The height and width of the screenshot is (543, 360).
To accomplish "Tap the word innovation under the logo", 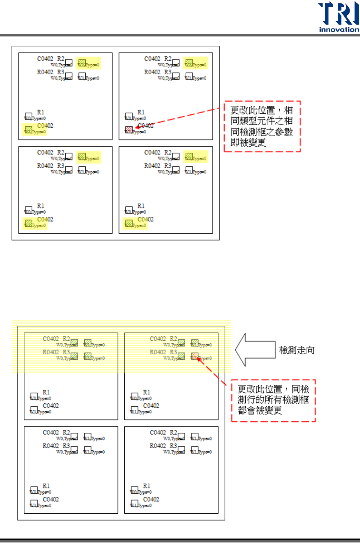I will (x=339, y=30).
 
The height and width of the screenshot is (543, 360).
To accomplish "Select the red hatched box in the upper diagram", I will (x=129, y=129).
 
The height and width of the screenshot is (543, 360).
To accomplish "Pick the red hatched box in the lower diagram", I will (x=194, y=356).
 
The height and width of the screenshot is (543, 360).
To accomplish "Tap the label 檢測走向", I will (x=297, y=350).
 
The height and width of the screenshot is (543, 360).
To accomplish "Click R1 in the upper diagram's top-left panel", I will (x=40, y=112).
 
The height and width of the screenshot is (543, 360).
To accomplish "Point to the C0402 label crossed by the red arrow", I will (x=146, y=126).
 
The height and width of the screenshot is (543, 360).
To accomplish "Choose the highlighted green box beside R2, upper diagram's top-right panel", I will (x=189, y=62).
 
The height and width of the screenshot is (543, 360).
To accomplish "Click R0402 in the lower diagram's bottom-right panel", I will (x=158, y=446).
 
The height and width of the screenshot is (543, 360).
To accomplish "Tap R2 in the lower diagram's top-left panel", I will (x=66, y=339).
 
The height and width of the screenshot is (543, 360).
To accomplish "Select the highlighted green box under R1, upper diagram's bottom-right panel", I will (x=129, y=223).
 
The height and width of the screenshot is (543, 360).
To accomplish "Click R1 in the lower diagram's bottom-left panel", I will (x=46, y=486).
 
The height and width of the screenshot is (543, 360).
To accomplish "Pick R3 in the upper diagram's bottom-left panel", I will (x=60, y=166).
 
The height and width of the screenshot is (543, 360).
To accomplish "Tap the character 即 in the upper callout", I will (x=235, y=143).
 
